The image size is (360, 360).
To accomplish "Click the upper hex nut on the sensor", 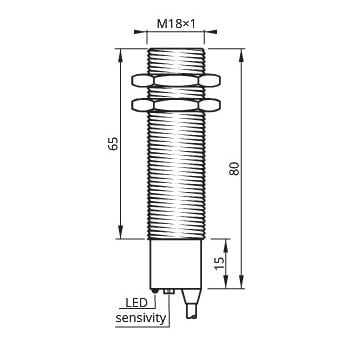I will click(176, 77).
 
